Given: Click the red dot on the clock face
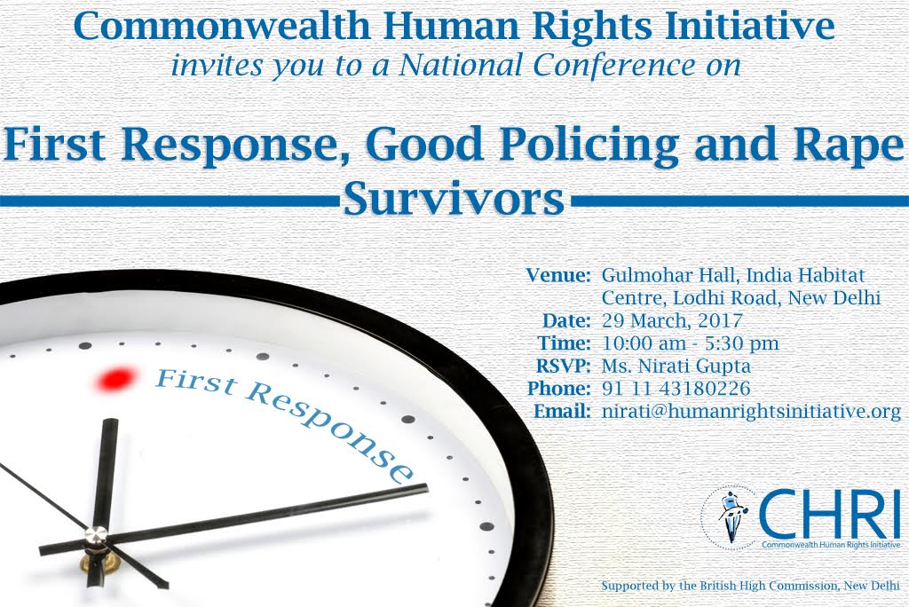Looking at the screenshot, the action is (115, 379).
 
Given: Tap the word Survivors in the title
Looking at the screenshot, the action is (454, 199).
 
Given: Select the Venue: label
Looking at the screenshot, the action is (558, 275).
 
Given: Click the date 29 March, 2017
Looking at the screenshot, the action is (673, 320).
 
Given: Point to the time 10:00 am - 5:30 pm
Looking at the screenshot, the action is (691, 343).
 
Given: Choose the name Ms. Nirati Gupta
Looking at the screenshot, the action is (676, 366).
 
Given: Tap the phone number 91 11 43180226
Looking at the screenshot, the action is (676, 389).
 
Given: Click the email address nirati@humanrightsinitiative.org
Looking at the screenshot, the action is (751, 412).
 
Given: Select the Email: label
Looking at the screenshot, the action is (562, 411).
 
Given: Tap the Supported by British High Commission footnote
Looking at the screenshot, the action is (750, 586).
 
